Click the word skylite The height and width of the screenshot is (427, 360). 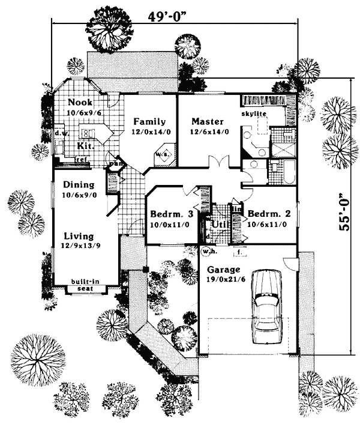tap(254, 113)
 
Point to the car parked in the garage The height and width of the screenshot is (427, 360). tap(266, 306)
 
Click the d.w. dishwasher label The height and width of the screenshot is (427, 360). tap(60, 133)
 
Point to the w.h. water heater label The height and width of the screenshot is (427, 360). tap(209, 250)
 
